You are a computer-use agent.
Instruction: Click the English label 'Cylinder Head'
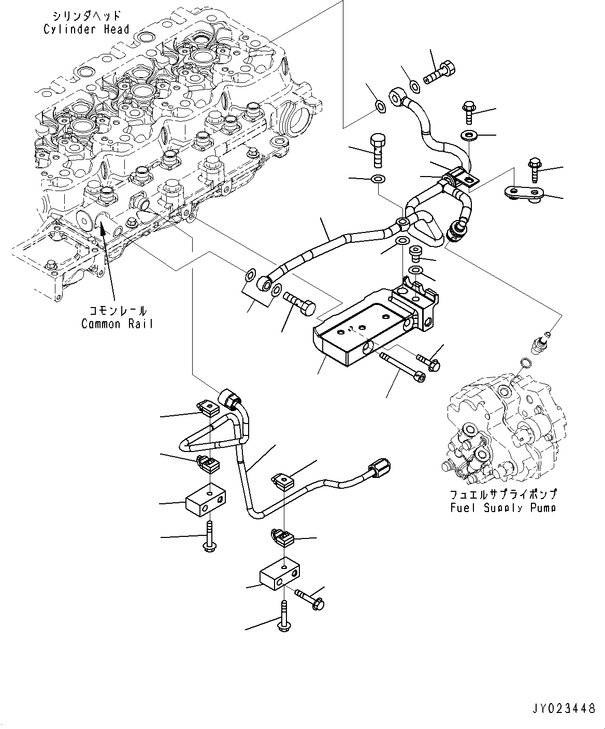point(86,29)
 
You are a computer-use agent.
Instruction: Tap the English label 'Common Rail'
point(117,324)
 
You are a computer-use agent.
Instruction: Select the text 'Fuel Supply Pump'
point(503,508)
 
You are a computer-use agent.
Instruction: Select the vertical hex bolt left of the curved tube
point(378,150)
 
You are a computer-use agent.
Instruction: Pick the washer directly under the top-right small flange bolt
point(469,136)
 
